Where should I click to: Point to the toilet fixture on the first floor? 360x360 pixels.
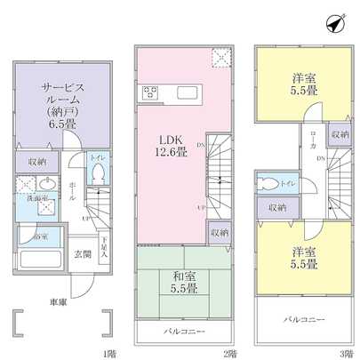(x=100, y=172)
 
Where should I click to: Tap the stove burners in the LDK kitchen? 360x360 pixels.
(x=148, y=92)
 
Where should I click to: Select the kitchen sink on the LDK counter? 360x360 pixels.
(x=188, y=92)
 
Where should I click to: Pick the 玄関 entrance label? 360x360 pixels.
(x=81, y=253)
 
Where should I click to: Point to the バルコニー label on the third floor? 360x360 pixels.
(x=303, y=317)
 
